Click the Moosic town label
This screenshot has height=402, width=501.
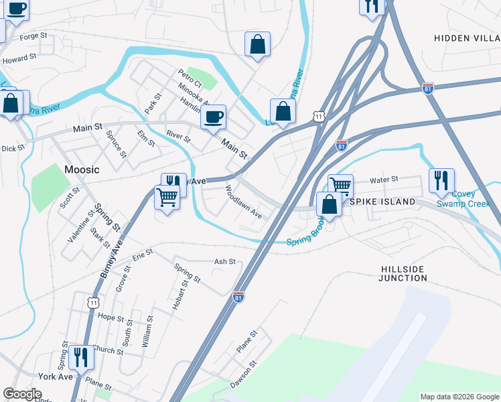pos(82,170)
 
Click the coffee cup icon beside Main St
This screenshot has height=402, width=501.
pos(213,117)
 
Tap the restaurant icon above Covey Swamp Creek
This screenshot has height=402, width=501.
pos(441,180)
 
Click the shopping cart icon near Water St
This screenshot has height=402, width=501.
pos(340,185)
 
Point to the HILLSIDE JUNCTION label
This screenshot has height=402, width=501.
pos(403,273)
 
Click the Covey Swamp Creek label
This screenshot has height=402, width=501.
pos(458,199)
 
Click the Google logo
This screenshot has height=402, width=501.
pos(22,395)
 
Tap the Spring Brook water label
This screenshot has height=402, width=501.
pos(305,238)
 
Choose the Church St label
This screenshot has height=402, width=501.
pos(104,349)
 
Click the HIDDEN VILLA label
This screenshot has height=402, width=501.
pos(466,38)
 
